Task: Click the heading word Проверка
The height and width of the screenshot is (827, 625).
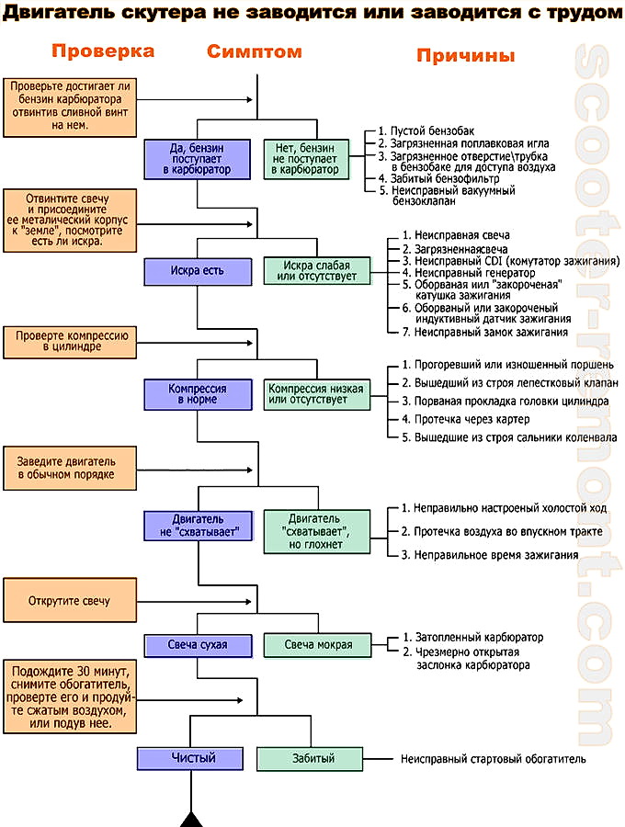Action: tap(102, 51)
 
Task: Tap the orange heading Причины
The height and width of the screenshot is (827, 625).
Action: tap(465, 55)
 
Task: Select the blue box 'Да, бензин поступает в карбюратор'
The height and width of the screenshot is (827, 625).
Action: tap(197, 158)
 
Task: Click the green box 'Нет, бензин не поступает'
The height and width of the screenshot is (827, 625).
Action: tap(305, 158)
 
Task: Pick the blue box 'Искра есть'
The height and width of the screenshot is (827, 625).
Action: tap(197, 271)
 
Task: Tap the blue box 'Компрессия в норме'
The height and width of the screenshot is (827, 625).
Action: tap(197, 395)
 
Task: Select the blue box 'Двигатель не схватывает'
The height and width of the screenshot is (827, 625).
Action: tap(197, 527)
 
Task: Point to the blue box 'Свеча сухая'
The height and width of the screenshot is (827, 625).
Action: tap(197, 644)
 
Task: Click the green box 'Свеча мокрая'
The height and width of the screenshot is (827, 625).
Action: tap(318, 644)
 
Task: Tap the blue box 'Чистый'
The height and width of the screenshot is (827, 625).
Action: tap(193, 758)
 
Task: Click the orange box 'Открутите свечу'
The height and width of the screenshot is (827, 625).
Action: tap(70, 601)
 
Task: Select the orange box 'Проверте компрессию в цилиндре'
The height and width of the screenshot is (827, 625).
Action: tap(71, 343)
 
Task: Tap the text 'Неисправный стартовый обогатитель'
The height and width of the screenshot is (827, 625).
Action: tap(493, 759)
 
